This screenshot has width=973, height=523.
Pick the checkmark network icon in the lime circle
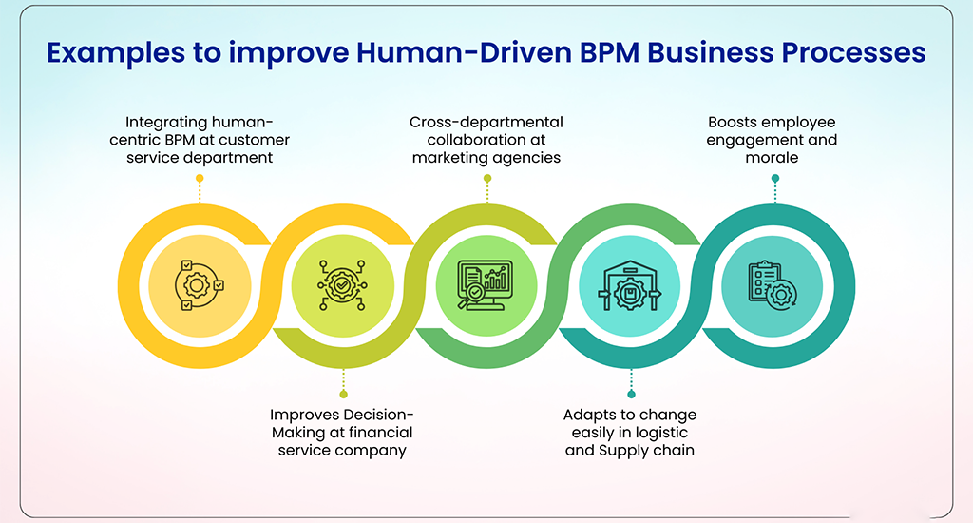[342, 283]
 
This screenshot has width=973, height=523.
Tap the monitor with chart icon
[486, 283]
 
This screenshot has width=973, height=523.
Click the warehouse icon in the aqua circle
[630, 283]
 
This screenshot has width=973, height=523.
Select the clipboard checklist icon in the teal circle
[773, 283]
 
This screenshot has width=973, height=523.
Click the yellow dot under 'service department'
[200, 178]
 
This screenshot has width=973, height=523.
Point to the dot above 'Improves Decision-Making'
[343, 393]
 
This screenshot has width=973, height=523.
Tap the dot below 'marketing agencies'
[486, 178]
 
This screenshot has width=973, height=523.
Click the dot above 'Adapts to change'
[631, 393]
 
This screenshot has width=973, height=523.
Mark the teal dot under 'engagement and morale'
[775, 178]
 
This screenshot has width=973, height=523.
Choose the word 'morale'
[773, 157]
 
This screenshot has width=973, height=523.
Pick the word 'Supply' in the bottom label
[626, 450]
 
